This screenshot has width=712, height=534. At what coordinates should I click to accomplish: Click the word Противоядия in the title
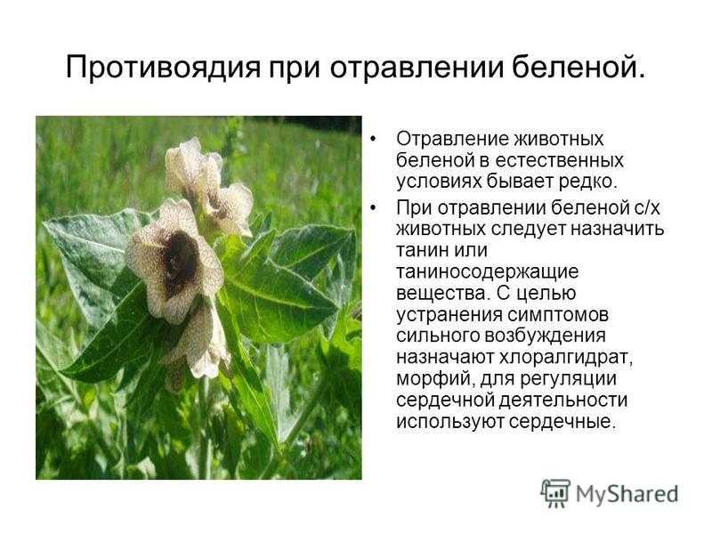(x=164, y=69)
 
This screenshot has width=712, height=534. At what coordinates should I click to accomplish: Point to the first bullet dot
(x=373, y=139)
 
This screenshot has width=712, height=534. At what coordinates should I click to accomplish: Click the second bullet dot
(x=373, y=208)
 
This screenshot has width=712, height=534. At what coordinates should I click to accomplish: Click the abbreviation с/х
(x=646, y=207)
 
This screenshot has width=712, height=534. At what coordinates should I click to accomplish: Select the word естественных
(x=559, y=160)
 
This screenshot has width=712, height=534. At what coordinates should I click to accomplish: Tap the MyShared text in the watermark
(x=627, y=494)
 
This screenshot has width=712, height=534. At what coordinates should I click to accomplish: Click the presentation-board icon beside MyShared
(x=554, y=493)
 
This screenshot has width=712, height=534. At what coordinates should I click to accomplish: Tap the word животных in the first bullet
(x=559, y=139)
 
